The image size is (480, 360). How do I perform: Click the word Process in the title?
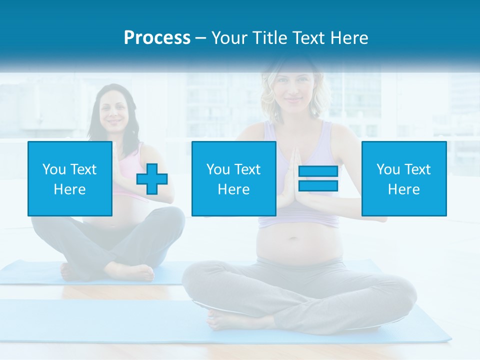157,38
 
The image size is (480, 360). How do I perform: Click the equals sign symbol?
318,178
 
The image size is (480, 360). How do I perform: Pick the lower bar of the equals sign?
318,185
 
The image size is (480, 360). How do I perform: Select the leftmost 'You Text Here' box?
69,178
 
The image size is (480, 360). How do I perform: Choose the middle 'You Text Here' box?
233,178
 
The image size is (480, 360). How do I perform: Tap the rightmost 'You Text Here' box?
403,178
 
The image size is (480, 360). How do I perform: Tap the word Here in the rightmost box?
403,189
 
